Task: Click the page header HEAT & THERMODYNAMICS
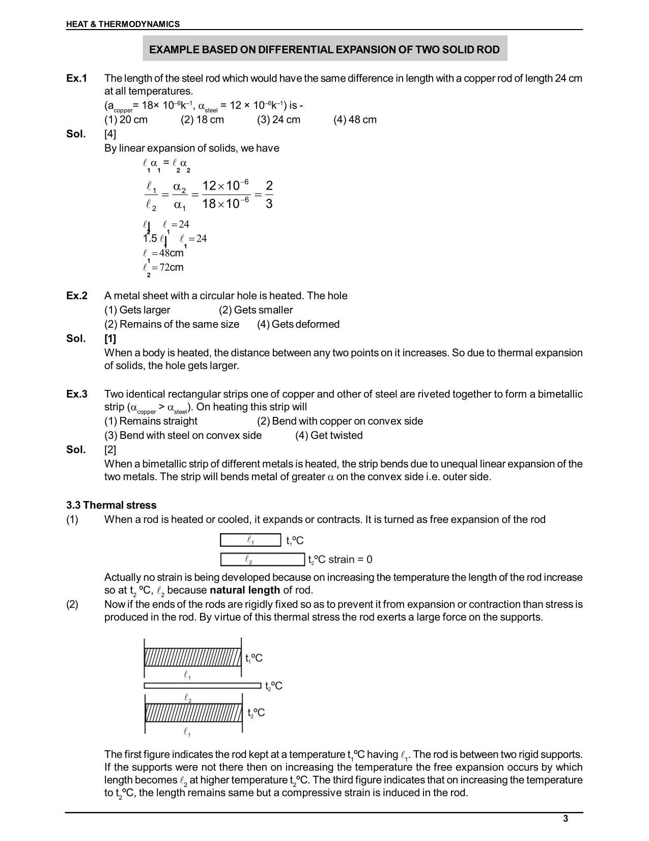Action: click(123, 24)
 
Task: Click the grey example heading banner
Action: click(324, 49)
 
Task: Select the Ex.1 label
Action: click(77, 78)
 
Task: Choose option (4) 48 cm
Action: click(355, 120)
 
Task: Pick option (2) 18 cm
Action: click(202, 120)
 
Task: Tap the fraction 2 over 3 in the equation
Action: click(269, 195)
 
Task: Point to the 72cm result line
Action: click(164, 268)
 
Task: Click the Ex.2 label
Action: click(77, 296)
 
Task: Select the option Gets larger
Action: click(137, 310)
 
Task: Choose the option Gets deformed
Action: click(298, 325)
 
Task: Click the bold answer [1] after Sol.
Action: click(110, 339)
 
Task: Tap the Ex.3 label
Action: click(77, 395)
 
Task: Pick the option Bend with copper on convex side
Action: click(340, 422)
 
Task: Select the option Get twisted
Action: click(329, 436)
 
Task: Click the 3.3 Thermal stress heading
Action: click(111, 506)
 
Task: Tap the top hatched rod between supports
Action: click(192, 658)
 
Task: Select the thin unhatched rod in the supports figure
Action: click(202, 686)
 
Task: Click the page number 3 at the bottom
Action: click(566, 819)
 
